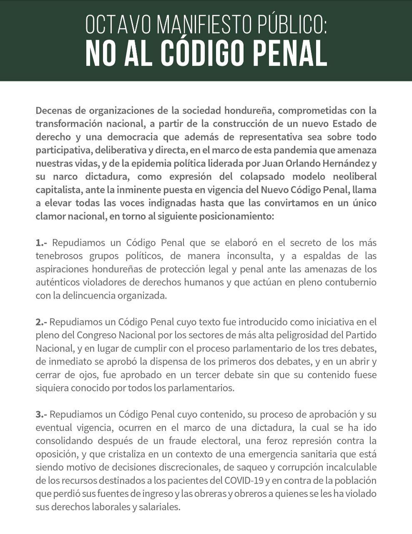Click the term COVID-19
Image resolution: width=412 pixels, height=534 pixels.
(x=244, y=481)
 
